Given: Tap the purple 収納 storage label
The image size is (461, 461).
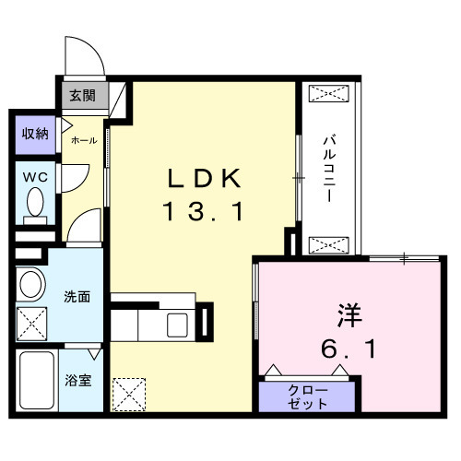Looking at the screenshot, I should [35, 134].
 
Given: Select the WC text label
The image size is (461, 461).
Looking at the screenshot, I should [36, 175].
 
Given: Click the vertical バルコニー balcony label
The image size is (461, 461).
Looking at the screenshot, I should [328, 165].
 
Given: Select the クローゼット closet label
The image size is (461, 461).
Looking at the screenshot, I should [307, 396].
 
